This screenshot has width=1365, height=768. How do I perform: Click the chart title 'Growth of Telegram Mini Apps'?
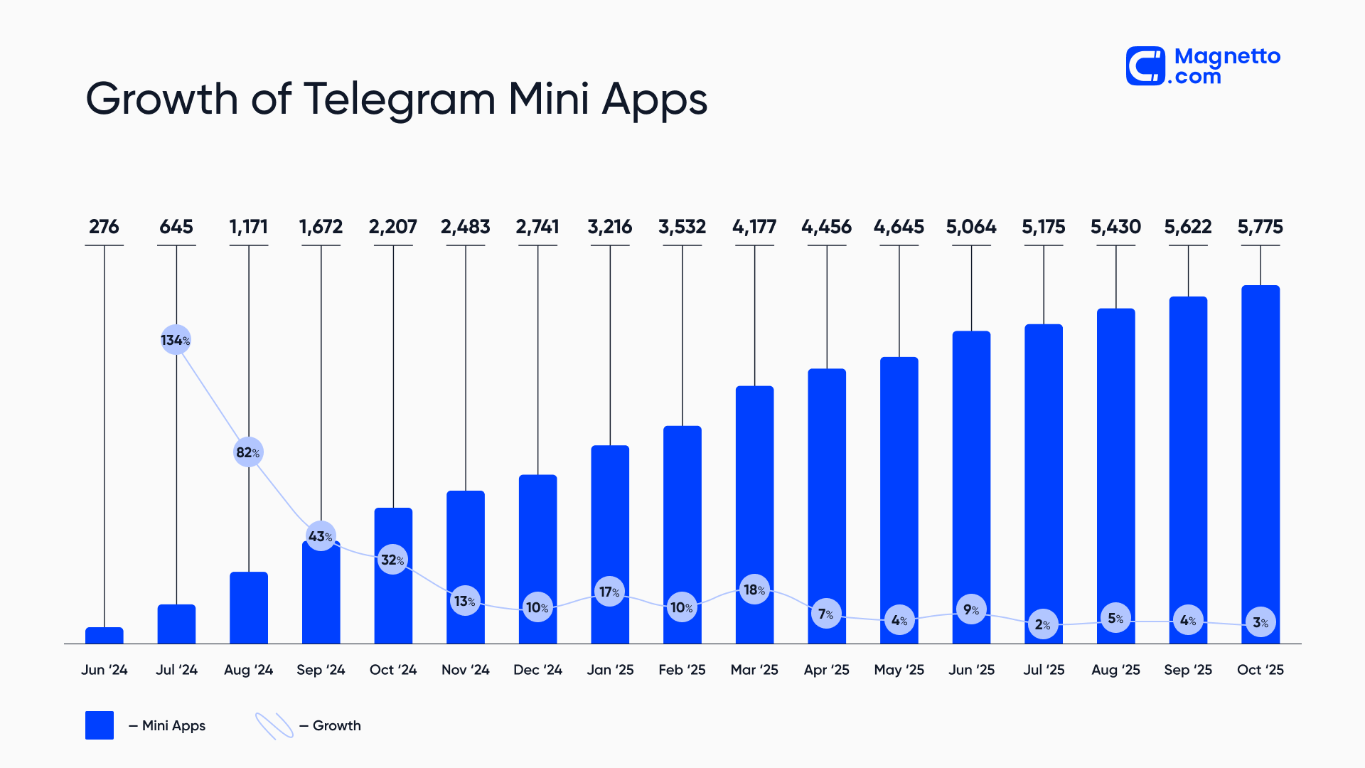(x=396, y=98)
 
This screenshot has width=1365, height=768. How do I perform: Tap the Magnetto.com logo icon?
(x=1145, y=66)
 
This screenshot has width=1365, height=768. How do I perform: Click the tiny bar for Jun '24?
(x=105, y=635)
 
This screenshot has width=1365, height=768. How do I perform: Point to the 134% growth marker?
(x=176, y=340)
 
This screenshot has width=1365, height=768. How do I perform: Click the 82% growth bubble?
(x=248, y=452)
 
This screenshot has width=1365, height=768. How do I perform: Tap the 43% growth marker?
(x=321, y=536)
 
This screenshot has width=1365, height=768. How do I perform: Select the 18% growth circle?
(x=754, y=590)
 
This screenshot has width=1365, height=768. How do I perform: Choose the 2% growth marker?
(x=1043, y=624)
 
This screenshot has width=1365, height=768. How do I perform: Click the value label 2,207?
(x=392, y=227)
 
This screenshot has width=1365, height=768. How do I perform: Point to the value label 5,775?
(x=1260, y=227)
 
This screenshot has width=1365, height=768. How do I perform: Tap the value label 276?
(x=104, y=227)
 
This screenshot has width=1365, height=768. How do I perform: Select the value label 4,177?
(x=754, y=227)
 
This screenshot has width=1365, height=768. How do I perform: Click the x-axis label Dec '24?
(x=537, y=670)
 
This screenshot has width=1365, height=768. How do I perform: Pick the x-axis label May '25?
(x=899, y=670)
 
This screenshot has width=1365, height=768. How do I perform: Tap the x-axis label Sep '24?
(x=321, y=670)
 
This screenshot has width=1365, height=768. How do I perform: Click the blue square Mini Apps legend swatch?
(x=100, y=725)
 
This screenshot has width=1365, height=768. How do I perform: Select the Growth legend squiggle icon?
(x=274, y=725)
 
